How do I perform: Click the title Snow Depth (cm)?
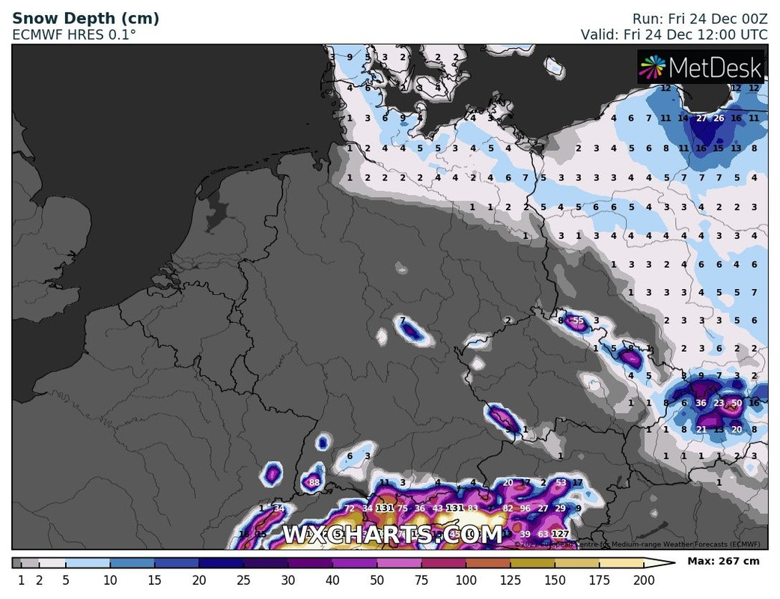(x=85, y=19)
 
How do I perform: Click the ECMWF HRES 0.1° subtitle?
(x=74, y=34)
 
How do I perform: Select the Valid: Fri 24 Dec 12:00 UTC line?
(x=674, y=34)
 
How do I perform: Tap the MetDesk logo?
(x=701, y=68)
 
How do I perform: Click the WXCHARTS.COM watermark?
(x=392, y=535)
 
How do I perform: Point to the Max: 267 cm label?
(x=723, y=562)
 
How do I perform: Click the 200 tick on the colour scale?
(x=644, y=580)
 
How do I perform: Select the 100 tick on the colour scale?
(x=466, y=580)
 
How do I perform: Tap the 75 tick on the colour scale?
(x=421, y=580)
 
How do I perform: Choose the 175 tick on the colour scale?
(x=600, y=580)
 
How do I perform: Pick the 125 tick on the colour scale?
(x=511, y=580)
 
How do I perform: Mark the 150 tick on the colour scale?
(x=555, y=580)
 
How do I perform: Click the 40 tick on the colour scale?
(x=332, y=580)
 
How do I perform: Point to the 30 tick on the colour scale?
(x=288, y=580)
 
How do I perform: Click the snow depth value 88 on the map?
(x=314, y=483)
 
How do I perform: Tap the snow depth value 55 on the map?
(x=578, y=321)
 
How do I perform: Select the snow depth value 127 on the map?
(x=561, y=534)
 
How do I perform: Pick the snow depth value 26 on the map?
(x=719, y=118)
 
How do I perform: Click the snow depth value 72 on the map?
(x=350, y=509)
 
